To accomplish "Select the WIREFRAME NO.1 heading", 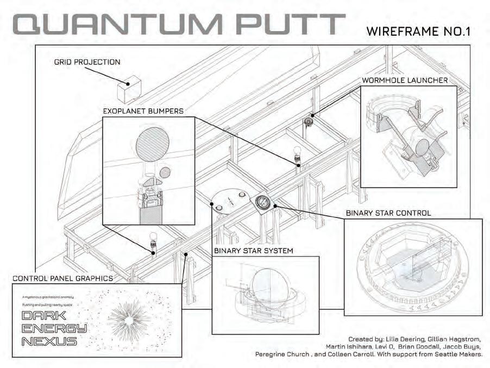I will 418,31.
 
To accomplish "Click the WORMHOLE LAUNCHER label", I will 405,80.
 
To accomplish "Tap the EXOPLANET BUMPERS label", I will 143,111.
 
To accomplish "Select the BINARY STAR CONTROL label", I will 388,213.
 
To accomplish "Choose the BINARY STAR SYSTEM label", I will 254,251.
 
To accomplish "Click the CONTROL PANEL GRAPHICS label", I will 62,278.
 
